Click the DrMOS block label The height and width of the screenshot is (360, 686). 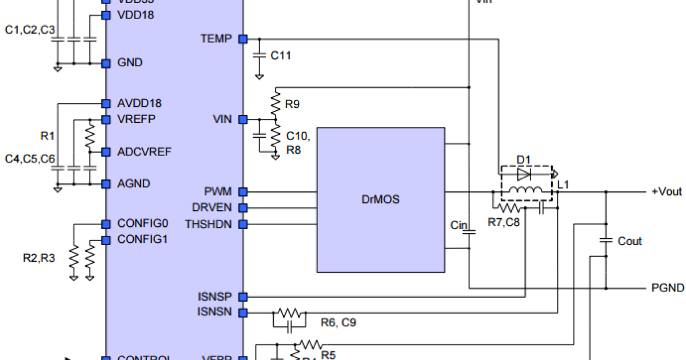(x=381, y=199)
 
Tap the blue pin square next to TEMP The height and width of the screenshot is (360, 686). (x=243, y=39)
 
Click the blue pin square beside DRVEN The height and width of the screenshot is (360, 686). (x=243, y=207)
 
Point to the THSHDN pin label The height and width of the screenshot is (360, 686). (x=209, y=224)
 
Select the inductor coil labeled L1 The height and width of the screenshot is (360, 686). (x=525, y=191)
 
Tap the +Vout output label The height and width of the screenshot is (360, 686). (x=667, y=191)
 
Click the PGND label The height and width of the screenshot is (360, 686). (x=668, y=287)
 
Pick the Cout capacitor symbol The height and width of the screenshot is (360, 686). (x=605, y=241)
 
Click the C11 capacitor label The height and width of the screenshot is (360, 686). (x=281, y=56)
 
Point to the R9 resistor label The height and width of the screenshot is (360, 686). (x=292, y=105)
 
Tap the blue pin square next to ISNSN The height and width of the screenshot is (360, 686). (x=243, y=313)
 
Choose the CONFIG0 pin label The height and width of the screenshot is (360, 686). (x=142, y=223)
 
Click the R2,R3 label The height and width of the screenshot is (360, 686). (x=39, y=258)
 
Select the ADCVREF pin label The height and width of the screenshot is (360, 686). (x=145, y=151)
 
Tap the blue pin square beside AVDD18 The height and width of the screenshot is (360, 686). (x=105, y=103)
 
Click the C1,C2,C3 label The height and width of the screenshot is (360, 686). (x=30, y=30)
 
